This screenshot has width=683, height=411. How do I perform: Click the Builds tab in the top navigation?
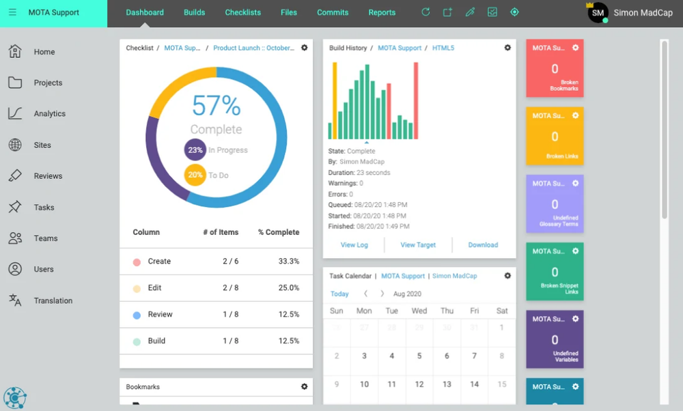click(194, 12)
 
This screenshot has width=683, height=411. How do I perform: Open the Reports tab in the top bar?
click(382, 12)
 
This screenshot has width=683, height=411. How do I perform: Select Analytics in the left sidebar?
click(49, 114)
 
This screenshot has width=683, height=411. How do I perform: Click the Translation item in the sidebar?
click(53, 300)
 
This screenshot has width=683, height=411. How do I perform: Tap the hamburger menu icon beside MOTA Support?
click(12, 12)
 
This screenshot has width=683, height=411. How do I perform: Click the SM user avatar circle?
click(598, 12)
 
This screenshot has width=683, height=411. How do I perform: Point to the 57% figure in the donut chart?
click(216, 106)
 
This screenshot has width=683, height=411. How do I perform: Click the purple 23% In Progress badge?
click(195, 150)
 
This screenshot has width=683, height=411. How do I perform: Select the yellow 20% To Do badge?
click(195, 175)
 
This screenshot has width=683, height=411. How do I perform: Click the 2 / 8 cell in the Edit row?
click(230, 288)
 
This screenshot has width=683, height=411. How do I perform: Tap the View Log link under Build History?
click(354, 245)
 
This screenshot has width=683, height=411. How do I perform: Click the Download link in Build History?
click(483, 245)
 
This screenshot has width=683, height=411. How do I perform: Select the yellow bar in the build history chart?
click(335, 100)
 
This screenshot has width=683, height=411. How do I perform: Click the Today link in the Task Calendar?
click(339, 294)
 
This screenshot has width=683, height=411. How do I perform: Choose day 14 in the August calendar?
click(474, 384)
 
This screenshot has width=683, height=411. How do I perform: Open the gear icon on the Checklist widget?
click(305, 48)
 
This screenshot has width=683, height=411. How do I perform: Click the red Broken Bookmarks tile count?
click(555, 69)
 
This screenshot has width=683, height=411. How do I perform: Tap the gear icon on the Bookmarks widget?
click(305, 387)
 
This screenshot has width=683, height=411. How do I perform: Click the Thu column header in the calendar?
click(447, 311)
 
